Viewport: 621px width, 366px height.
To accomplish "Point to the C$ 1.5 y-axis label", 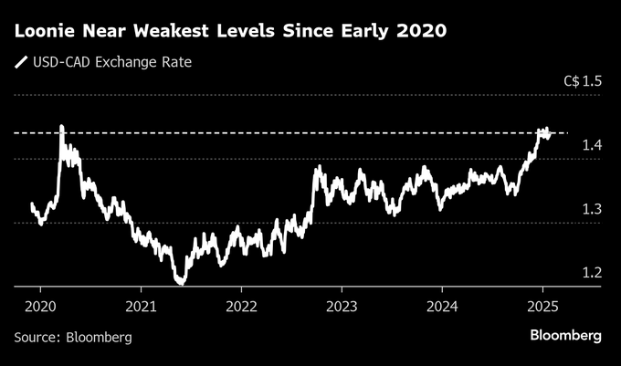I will [x=583, y=81].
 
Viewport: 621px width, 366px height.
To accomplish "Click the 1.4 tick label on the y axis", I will [x=592, y=145].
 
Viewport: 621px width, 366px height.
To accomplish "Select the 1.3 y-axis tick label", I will [x=592, y=209].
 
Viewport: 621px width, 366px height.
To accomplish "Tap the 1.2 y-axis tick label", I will [x=592, y=272].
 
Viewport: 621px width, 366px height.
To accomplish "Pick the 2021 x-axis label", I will [x=142, y=306].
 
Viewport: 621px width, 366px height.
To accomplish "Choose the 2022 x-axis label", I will [x=241, y=306].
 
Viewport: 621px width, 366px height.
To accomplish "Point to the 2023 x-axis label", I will [x=342, y=306].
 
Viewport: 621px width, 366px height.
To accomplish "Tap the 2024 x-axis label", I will [x=442, y=306].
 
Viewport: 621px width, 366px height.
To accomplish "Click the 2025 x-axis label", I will [x=542, y=306].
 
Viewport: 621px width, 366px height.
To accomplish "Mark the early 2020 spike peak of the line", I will [x=61, y=127].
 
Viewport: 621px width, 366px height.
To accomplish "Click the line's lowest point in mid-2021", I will [x=181, y=284].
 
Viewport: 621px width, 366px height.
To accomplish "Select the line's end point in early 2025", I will [x=550, y=133].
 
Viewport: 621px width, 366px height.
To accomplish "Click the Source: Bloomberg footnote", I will [x=73, y=337].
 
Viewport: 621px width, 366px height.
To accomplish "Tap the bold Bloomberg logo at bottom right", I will [x=566, y=336].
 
